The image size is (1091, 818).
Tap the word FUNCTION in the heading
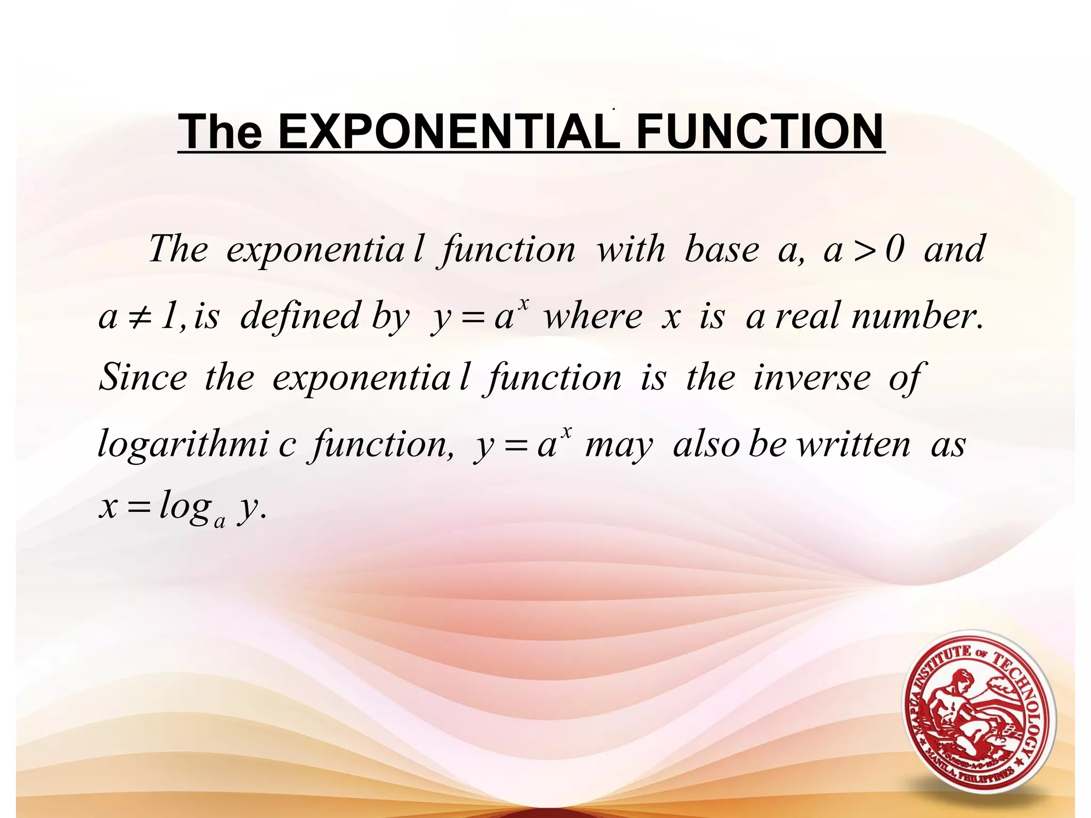(760, 132)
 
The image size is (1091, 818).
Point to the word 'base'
(721, 249)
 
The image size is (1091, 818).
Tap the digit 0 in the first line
(895, 249)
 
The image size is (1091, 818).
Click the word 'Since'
(143, 377)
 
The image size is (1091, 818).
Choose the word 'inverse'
(812, 377)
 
